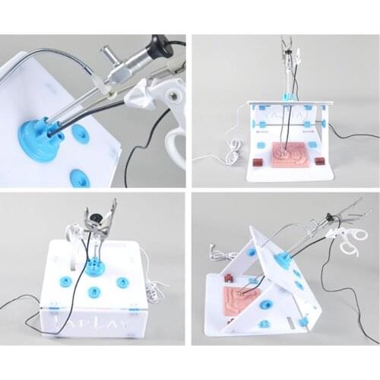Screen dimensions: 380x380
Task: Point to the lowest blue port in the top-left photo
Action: pyautogui.click(x=79, y=178)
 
